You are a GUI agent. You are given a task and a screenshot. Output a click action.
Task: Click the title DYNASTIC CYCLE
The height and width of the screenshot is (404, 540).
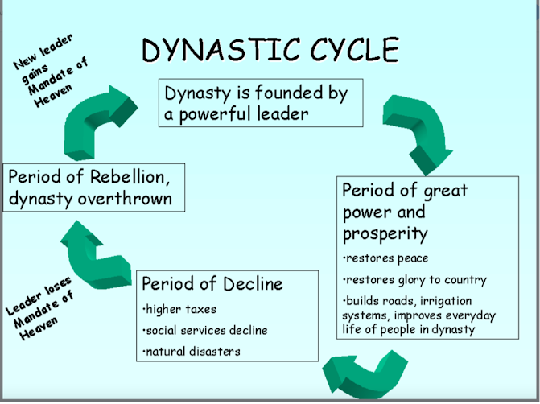pyautogui.click(x=270, y=50)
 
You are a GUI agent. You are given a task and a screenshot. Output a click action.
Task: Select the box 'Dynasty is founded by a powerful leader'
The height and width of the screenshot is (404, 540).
pyautogui.click(x=257, y=102)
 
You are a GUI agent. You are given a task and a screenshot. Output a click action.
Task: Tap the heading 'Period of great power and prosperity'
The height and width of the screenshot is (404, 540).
pyautogui.click(x=405, y=212)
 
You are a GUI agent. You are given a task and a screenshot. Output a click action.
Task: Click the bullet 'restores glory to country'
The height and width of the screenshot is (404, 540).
pyautogui.click(x=415, y=280)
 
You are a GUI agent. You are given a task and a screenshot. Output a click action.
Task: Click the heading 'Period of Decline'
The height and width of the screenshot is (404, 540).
pyautogui.click(x=212, y=283)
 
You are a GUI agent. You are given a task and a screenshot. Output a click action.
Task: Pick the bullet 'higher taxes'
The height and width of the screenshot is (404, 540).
pyautogui.click(x=179, y=309)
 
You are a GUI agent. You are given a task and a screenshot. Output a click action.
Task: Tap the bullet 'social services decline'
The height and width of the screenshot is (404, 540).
pyautogui.click(x=204, y=330)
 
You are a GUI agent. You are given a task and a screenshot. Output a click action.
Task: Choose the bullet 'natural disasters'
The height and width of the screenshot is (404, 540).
pyautogui.click(x=191, y=351)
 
